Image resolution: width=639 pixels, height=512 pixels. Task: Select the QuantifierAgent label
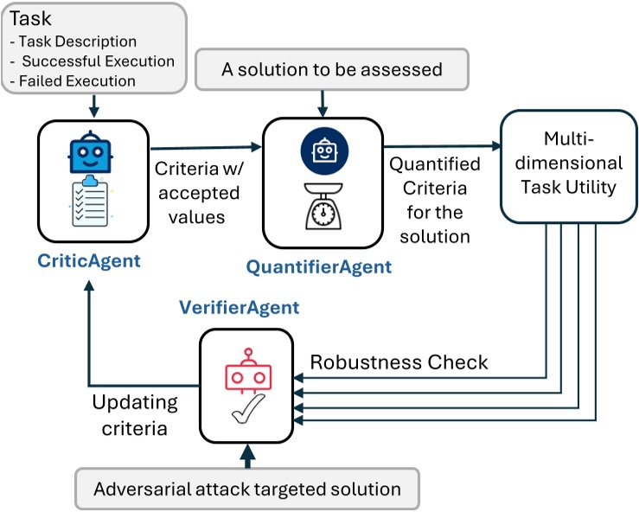(318, 267)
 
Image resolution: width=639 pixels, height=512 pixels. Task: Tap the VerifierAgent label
(240, 307)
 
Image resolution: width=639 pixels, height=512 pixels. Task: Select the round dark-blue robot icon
(323, 153)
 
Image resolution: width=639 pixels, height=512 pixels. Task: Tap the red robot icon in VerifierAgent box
(248, 373)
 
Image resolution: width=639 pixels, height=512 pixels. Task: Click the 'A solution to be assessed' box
(332, 70)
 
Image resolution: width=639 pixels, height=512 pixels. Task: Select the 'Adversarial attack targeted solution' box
(247, 489)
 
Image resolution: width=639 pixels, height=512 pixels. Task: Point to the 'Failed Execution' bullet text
(78, 80)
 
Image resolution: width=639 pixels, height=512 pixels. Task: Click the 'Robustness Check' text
(399, 362)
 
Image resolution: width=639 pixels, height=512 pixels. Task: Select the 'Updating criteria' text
(134, 413)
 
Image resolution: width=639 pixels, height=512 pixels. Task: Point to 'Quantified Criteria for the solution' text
(433, 199)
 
